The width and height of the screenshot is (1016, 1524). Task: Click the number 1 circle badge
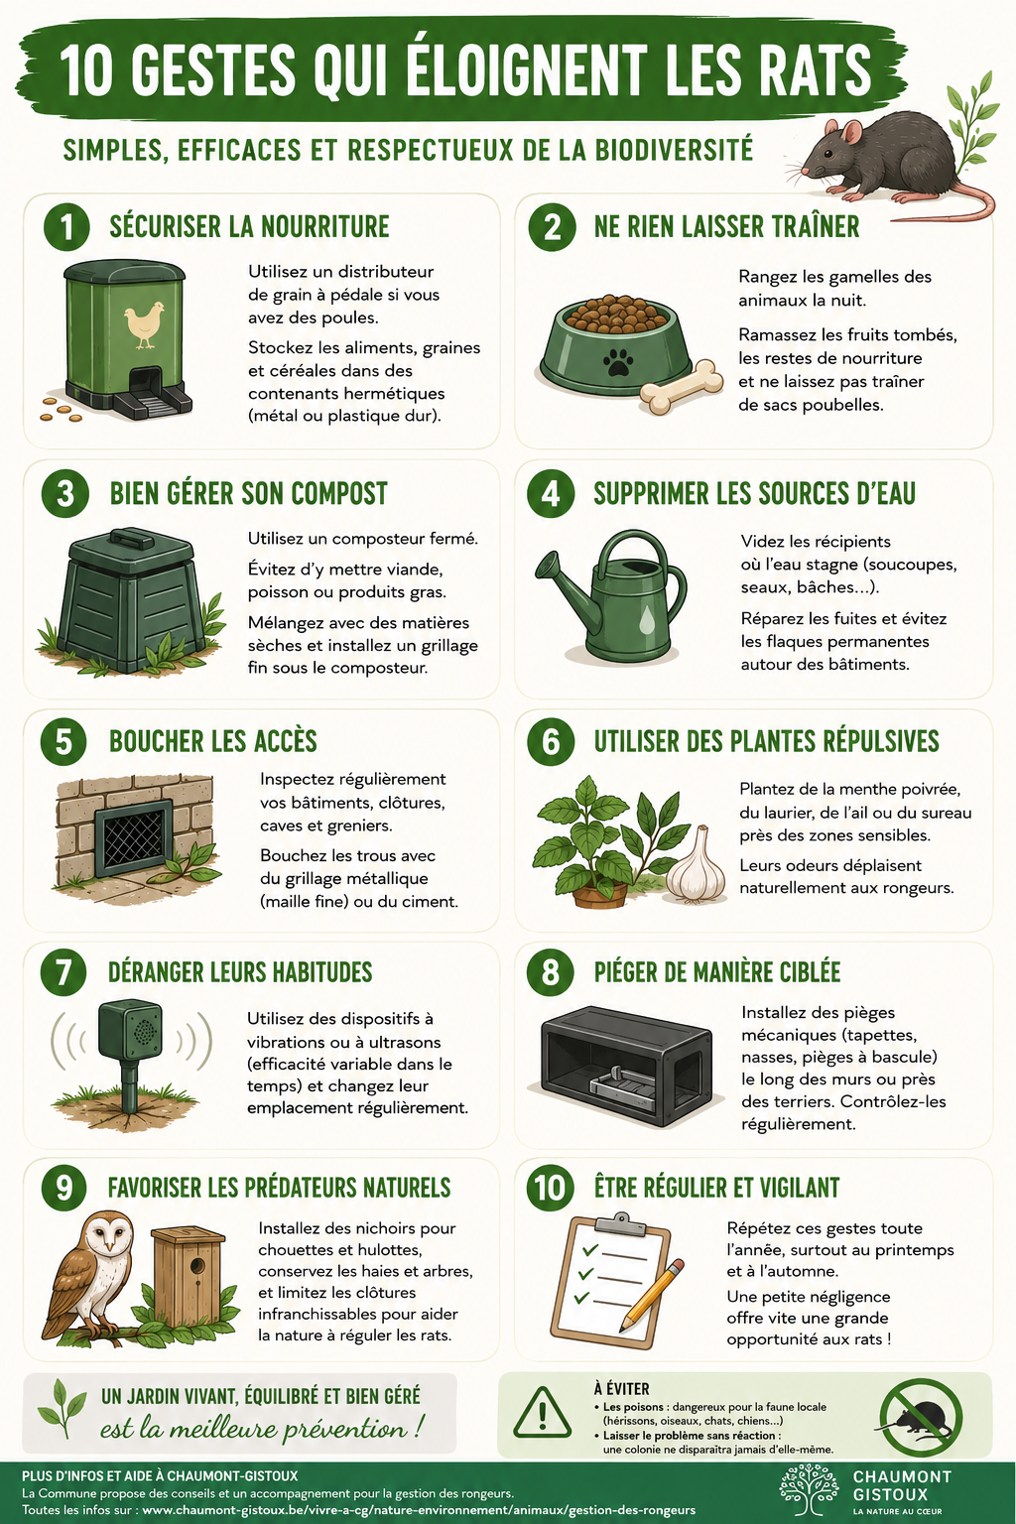(x=66, y=227)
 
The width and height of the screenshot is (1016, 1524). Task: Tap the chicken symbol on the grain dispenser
(x=144, y=324)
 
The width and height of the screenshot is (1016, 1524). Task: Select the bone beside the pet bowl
(x=682, y=387)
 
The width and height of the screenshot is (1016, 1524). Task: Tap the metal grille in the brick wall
(x=133, y=838)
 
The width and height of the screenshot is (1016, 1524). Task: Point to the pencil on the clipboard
(x=651, y=1296)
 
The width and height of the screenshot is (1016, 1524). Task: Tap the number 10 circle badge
(x=550, y=1188)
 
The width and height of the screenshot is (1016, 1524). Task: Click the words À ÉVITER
(x=621, y=1389)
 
